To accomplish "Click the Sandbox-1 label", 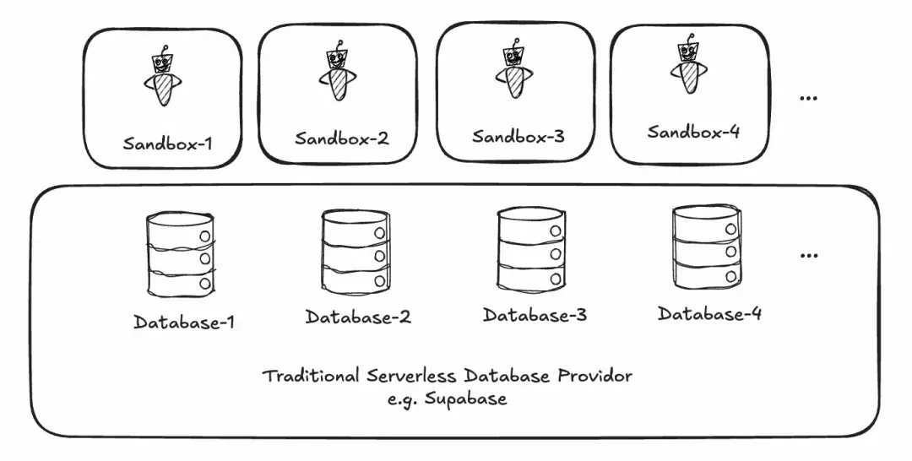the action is (x=167, y=144).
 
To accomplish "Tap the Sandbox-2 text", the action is (x=341, y=138).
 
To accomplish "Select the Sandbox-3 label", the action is (x=518, y=137).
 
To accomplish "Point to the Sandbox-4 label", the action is (x=693, y=132).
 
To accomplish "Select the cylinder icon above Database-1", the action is (x=181, y=256).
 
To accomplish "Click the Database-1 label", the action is (x=184, y=322).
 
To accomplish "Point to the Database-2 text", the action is (x=358, y=317).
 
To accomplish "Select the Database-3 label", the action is (x=535, y=315).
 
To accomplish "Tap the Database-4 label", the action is (x=709, y=313).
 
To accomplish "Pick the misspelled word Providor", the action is (x=595, y=376).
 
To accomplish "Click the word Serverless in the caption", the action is (x=411, y=376).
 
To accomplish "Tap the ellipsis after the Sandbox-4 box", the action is (x=809, y=98).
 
